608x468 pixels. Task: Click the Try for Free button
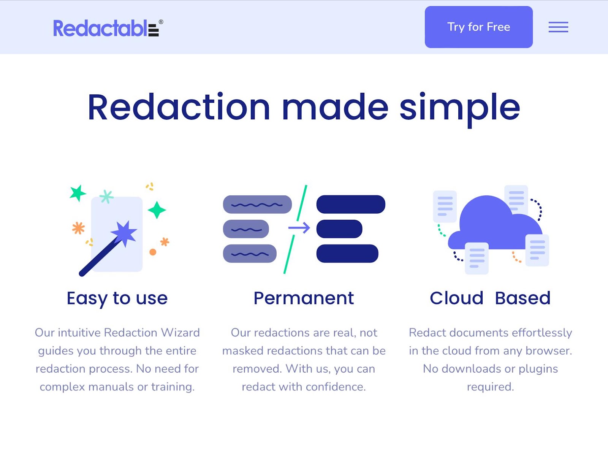coord(478,27)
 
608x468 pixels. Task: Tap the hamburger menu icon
coord(558,27)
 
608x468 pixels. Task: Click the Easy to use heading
coord(117,298)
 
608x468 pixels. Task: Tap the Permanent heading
coord(304,298)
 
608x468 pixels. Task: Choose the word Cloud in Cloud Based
coord(456,298)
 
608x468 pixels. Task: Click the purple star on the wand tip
coord(124,232)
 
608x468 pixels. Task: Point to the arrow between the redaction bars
coord(299,228)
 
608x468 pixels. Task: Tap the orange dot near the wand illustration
coord(153,252)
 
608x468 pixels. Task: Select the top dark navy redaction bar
coord(351,205)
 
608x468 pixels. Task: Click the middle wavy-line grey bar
coord(246,229)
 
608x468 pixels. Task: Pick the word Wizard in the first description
coord(180,333)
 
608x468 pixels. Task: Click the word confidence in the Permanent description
coord(336,387)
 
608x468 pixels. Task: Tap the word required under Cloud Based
coord(490,387)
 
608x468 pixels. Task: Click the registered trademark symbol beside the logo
coord(161,22)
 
